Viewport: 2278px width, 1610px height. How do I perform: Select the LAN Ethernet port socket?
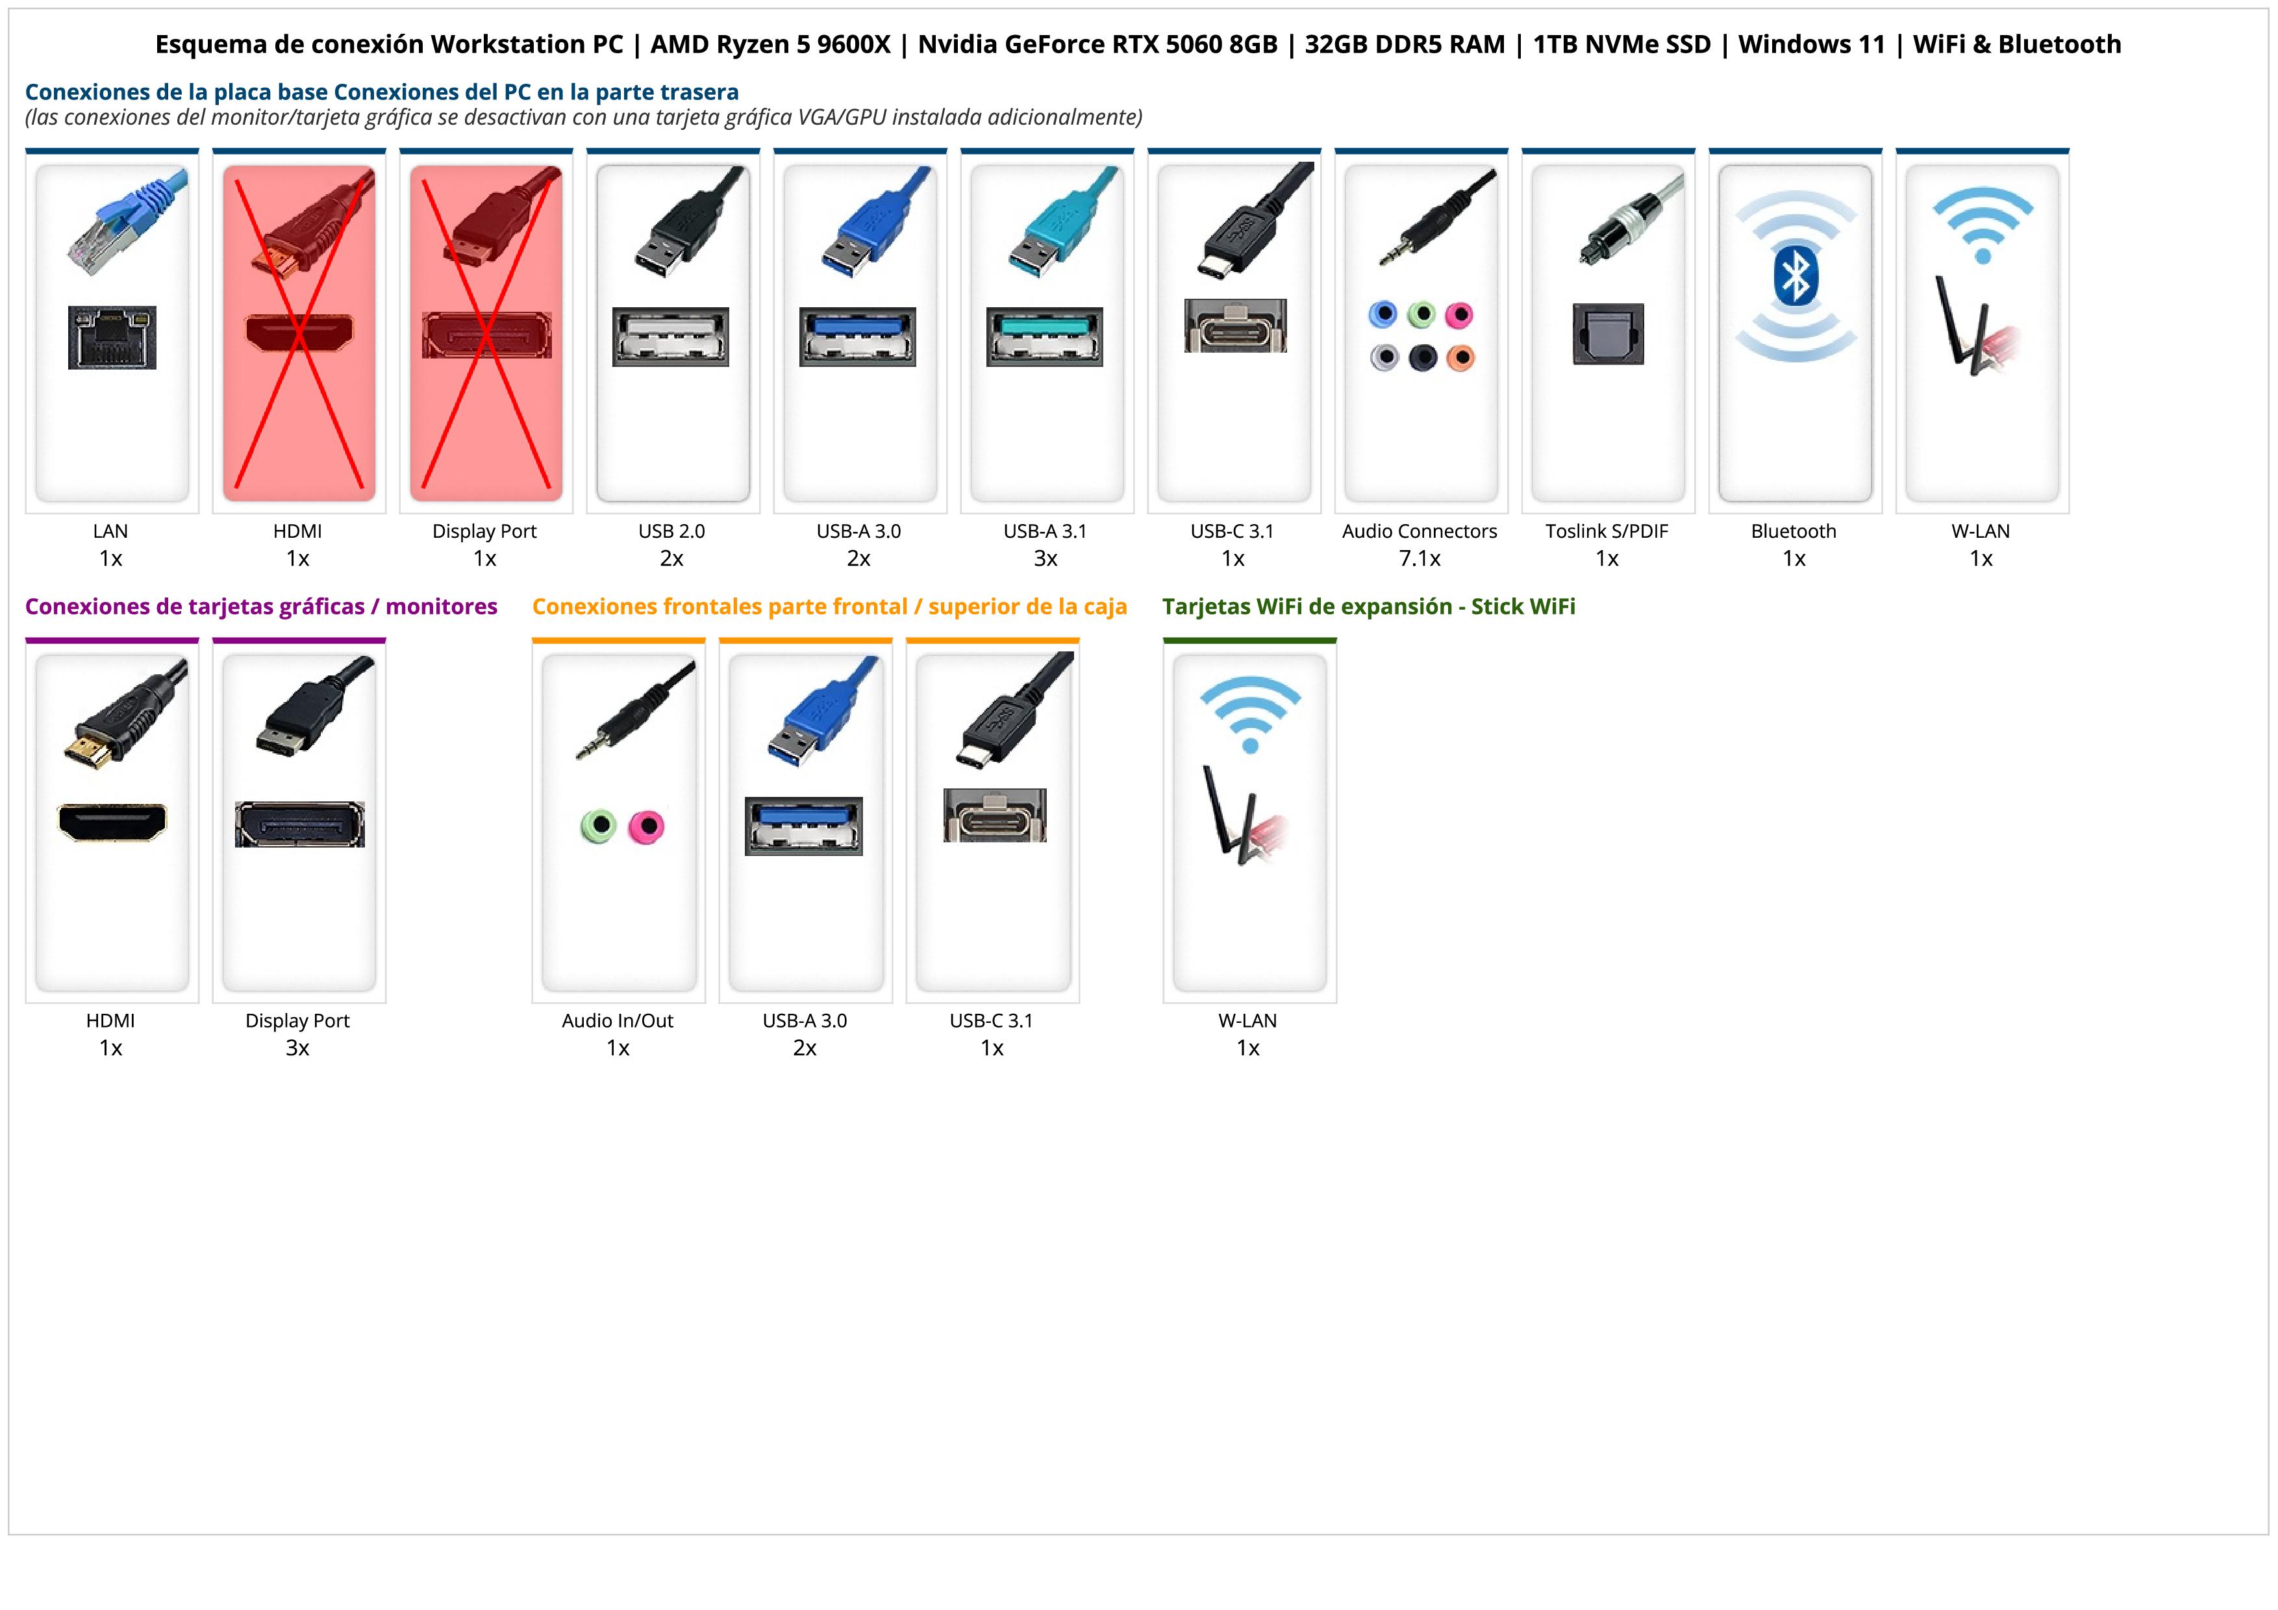point(112,337)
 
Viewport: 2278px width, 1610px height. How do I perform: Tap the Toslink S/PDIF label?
point(1607,531)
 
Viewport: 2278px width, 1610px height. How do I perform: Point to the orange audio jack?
point(1460,357)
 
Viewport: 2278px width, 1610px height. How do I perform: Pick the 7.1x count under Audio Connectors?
point(1420,559)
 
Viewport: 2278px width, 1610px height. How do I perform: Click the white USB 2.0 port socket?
point(671,337)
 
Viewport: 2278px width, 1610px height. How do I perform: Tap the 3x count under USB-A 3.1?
point(1045,559)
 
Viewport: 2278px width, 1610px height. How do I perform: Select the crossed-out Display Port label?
point(484,531)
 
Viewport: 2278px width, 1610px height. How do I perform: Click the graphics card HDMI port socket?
point(112,822)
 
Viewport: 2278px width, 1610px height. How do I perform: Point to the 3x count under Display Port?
point(297,1048)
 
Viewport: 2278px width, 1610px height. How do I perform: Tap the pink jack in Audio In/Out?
point(647,825)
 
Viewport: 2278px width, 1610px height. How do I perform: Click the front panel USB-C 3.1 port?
point(994,816)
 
